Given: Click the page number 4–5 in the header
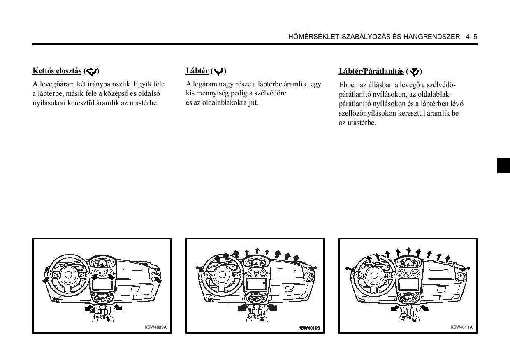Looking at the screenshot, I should tap(471, 37).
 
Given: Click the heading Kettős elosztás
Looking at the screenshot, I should tap(57, 71).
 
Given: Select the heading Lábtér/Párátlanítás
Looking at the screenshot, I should tap(371, 71).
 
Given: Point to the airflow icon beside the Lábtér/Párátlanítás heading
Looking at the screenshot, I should tap(414, 72).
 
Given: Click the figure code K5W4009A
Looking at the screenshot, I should tap(155, 327).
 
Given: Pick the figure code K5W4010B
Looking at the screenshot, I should tap(309, 328).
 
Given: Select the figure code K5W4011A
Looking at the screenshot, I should tap(461, 327).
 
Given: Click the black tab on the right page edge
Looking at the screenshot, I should tap(503, 165).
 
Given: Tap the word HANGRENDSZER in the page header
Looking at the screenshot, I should tap(431, 37).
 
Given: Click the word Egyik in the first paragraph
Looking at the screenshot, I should tap(142, 84).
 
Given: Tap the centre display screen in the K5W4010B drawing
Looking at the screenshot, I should tap(256, 284).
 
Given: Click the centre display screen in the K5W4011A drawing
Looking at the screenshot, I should tap(408, 284).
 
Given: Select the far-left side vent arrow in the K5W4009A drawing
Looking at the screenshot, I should tap(44, 280).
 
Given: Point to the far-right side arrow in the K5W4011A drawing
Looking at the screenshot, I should tap(466, 268).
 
